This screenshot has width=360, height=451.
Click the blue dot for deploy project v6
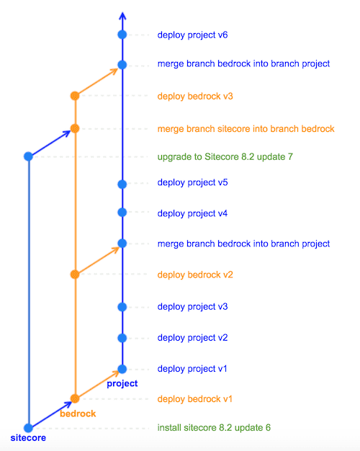[x=122, y=35]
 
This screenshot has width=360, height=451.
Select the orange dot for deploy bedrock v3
[x=75, y=96]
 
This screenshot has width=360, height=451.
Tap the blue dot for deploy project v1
[x=122, y=369]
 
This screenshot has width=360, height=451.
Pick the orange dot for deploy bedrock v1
[x=75, y=398]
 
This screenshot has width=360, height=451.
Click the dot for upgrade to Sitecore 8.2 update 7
[x=29, y=156]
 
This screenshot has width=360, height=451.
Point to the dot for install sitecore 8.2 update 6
[x=29, y=428]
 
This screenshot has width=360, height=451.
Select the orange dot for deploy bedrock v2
[x=75, y=274]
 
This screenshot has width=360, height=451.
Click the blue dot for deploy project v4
[x=122, y=213]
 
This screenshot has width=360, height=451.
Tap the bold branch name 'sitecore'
[x=28, y=438]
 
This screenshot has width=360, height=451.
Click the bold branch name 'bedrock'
[x=78, y=414]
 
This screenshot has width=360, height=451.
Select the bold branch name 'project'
[x=122, y=384]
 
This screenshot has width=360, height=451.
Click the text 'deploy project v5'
[x=192, y=183]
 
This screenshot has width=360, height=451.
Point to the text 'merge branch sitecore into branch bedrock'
[x=246, y=129]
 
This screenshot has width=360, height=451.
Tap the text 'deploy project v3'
[x=192, y=307]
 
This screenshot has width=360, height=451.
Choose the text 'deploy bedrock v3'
[x=195, y=96]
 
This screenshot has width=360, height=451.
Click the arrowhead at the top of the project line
[x=122, y=13]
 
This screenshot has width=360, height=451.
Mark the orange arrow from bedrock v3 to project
[x=98, y=81]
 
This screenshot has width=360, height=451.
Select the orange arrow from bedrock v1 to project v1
[x=98, y=385]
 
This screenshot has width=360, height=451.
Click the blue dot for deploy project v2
[x=122, y=338]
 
